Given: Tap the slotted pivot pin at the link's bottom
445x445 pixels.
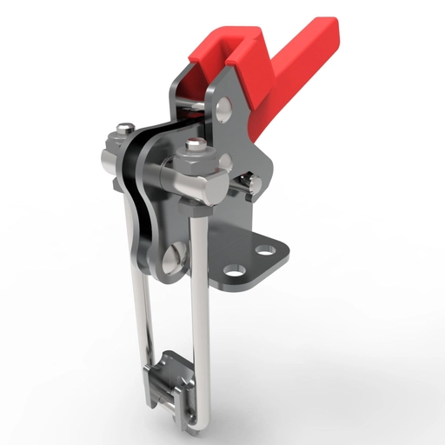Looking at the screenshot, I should coord(170,257).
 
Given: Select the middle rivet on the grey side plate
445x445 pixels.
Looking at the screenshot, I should coord(225,162).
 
